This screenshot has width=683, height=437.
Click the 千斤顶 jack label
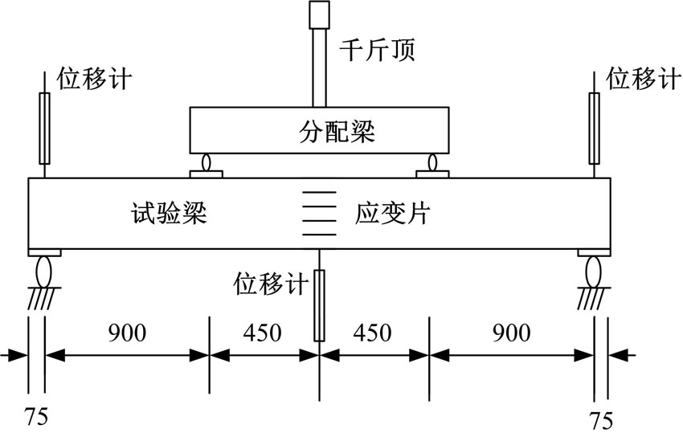tap(377, 50)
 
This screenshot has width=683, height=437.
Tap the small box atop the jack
tap(319, 14)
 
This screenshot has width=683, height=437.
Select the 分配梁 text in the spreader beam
tap(337, 131)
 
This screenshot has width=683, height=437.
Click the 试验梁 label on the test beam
tap(169, 213)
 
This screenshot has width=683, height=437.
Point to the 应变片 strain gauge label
tap(393, 213)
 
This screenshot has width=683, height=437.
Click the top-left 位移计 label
tap(94, 79)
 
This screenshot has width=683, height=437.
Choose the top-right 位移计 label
tap(644, 79)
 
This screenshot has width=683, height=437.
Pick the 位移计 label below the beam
tap(271, 284)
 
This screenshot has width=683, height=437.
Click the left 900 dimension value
tap(127, 333)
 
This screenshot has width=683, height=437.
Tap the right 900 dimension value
tap(511, 333)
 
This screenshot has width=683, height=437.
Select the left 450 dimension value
tap(262, 333)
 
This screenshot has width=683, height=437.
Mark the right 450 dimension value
tap(372, 333)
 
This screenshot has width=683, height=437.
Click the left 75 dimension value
tap(35, 417)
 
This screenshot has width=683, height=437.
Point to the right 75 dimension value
tap(601, 420)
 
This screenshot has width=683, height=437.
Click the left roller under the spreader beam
tap(207, 162)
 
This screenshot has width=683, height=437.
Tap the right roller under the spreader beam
tap(432, 162)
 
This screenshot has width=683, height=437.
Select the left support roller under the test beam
tap(44, 272)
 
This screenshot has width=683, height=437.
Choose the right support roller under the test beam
tap(593, 272)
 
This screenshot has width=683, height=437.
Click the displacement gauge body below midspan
tap(319, 305)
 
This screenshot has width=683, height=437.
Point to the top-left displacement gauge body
tap(44, 129)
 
